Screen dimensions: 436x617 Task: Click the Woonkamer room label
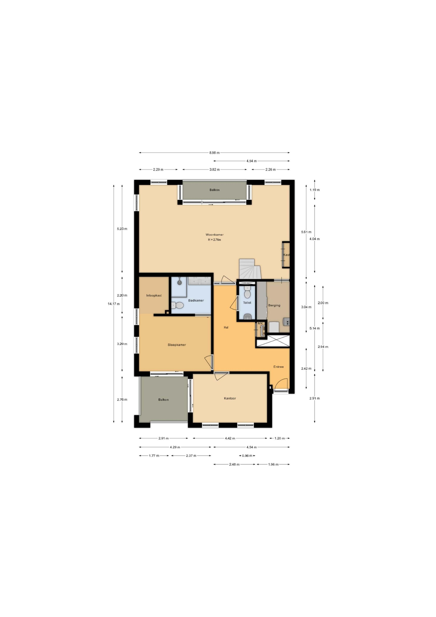215,235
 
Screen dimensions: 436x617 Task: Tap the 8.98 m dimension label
215,153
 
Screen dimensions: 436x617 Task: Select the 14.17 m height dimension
114,304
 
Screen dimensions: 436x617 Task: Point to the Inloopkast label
154,295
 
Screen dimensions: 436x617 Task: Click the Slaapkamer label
177,345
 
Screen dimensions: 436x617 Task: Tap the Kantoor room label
230,398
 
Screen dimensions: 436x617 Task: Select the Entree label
278,367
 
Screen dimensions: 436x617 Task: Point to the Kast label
286,255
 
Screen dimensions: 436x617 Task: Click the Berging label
274,305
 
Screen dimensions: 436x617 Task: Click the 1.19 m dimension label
314,190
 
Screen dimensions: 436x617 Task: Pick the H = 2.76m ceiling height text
214,240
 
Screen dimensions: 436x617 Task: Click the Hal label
226,327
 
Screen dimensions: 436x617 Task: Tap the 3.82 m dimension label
215,170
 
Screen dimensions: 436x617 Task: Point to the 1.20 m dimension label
279,438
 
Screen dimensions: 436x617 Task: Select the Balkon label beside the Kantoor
163,400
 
